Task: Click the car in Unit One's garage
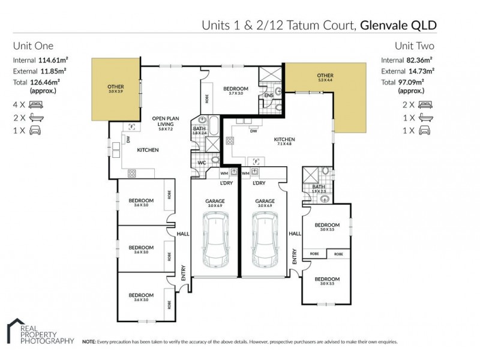tap(215, 242)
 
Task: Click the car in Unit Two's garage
tap(265, 242)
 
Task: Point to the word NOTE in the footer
tap(89, 341)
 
